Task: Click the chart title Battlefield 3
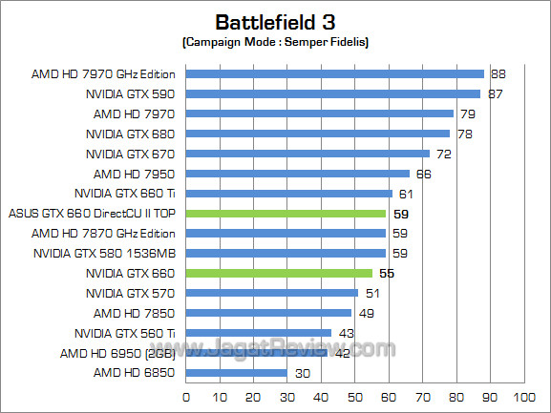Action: coord(275,21)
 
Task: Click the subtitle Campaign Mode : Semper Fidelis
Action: coord(275,43)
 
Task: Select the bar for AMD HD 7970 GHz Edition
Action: coord(334,73)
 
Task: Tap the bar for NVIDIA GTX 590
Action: coord(332,93)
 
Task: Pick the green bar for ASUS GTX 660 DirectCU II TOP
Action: coord(285,214)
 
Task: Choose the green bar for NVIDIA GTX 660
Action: coord(278,273)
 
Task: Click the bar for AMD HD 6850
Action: coord(236,373)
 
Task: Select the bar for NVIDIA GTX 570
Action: coord(271,293)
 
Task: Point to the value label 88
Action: coord(498,73)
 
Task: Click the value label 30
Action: coord(302,373)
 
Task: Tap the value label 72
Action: coord(444,154)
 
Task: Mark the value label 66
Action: coord(423,174)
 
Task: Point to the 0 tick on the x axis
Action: coord(185,396)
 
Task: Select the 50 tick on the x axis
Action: coord(354,396)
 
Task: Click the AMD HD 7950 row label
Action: coord(134,174)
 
